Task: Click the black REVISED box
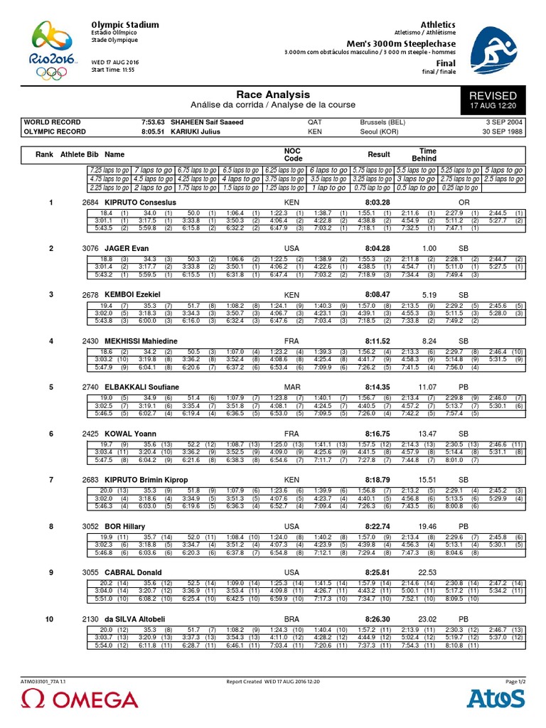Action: [x=493, y=100]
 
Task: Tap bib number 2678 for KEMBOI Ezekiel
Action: [x=90, y=294]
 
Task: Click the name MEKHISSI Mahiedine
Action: [x=141, y=341]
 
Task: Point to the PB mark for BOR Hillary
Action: [x=464, y=526]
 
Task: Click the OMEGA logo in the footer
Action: [x=70, y=700]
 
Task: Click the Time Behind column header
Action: [x=428, y=155]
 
